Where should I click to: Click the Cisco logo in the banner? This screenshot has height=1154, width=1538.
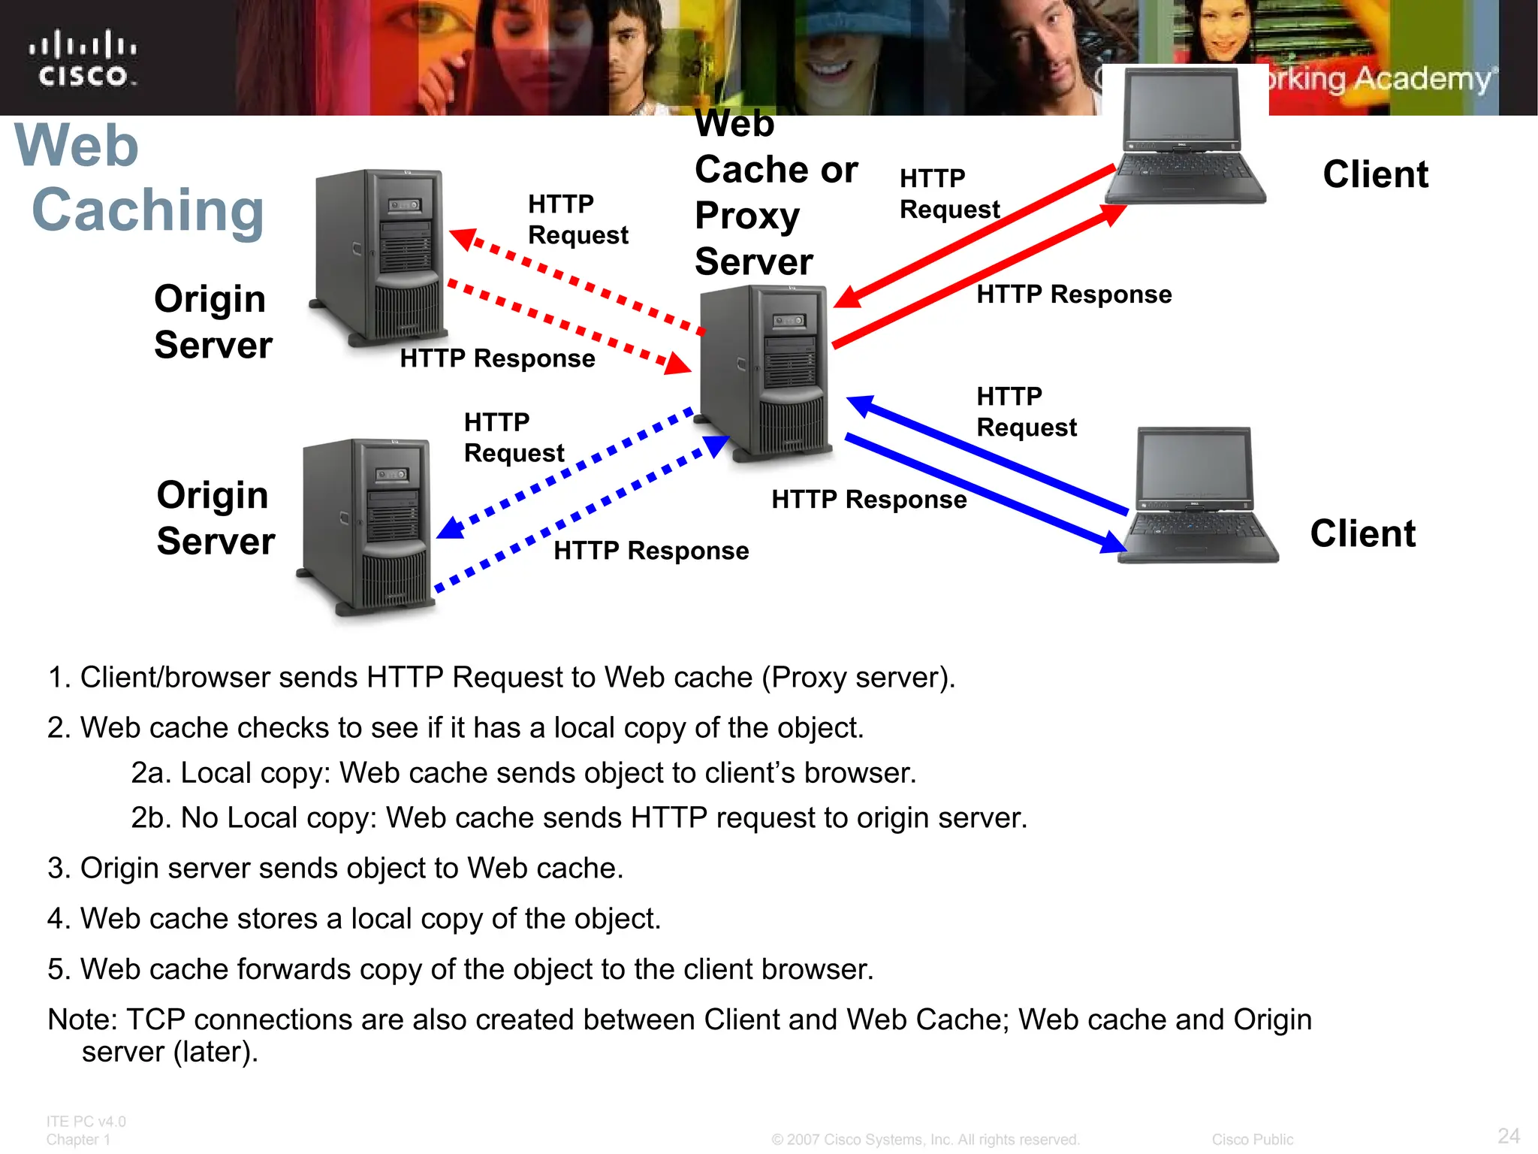tap(83, 59)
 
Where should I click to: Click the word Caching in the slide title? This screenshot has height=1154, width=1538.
tap(148, 211)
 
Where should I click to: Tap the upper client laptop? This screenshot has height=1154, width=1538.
tap(1185, 137)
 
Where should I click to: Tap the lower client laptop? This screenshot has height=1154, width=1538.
tap(1197, 496)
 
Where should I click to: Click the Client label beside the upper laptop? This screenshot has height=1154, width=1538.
tap(1375, 174)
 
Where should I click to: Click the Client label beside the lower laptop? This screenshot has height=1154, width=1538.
tap(1362, 534)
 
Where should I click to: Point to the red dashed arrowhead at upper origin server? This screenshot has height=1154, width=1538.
tap(462, 238)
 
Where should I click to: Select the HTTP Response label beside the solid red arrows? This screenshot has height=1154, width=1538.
tap(1073, 295)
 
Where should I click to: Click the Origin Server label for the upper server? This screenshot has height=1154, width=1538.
tap(213, 322)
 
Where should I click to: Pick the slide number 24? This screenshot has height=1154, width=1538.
tap(1508, 1135)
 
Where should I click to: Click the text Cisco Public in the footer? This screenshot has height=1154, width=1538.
tap(1252, 1140)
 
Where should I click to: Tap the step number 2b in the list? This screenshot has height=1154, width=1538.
tap(152, 818)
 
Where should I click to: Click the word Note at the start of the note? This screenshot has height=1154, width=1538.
tap(82, 1020)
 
